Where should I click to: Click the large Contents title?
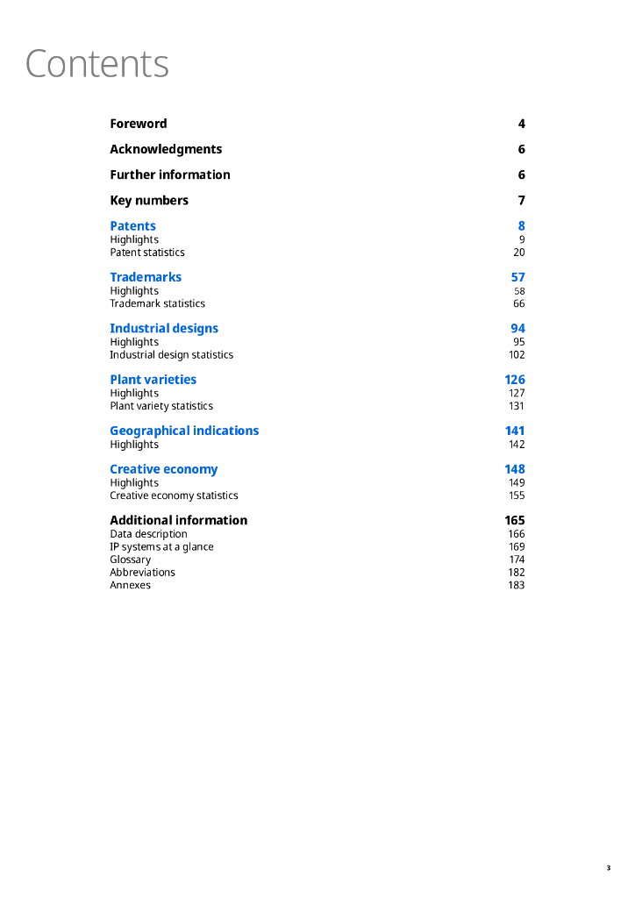96,64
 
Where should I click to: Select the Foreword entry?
138,124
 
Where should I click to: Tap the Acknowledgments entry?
166,149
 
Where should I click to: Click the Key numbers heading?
149,200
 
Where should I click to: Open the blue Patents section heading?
132,226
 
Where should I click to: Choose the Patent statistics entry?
147,253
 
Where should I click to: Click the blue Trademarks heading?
146,277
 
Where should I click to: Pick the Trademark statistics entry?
157,303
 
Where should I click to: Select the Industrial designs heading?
164,329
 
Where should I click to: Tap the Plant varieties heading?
153,380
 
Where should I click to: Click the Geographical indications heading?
184,431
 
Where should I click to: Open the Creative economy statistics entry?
174,495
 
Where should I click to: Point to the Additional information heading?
178,520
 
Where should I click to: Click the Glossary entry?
130,559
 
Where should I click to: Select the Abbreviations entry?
142,573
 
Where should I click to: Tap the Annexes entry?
130,585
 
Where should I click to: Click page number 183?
516,585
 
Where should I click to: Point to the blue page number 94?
517,329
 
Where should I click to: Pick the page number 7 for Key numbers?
521,200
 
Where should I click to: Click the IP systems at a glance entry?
161,547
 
